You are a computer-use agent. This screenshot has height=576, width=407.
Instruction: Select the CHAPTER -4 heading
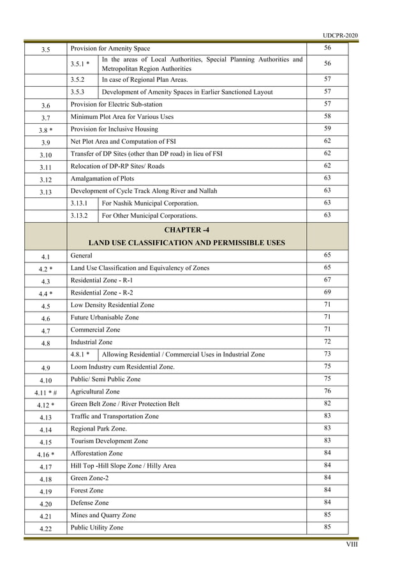click(186, 230)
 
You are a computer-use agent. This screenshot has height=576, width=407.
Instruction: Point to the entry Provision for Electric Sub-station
click(116, 104)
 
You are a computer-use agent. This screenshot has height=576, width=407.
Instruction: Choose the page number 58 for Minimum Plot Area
click(327, 116)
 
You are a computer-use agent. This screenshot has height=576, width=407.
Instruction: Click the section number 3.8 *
click(45, 130)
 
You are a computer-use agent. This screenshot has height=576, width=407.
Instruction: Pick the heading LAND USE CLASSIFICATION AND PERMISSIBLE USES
click(186, 243)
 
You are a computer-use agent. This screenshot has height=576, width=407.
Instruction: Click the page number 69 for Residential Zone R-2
click(327, 292)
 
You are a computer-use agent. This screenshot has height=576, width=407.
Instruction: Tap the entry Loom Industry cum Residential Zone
click(122, 367)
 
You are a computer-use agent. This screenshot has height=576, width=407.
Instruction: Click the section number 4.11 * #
click(45, 392)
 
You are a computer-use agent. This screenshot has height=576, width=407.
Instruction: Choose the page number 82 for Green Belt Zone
click(327, 404)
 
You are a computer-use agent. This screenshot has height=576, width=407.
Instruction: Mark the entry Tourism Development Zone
click(109, 441)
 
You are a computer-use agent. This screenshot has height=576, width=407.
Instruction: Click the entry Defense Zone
click(90, 503)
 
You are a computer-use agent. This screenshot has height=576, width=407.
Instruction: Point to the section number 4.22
click(45, 529)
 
